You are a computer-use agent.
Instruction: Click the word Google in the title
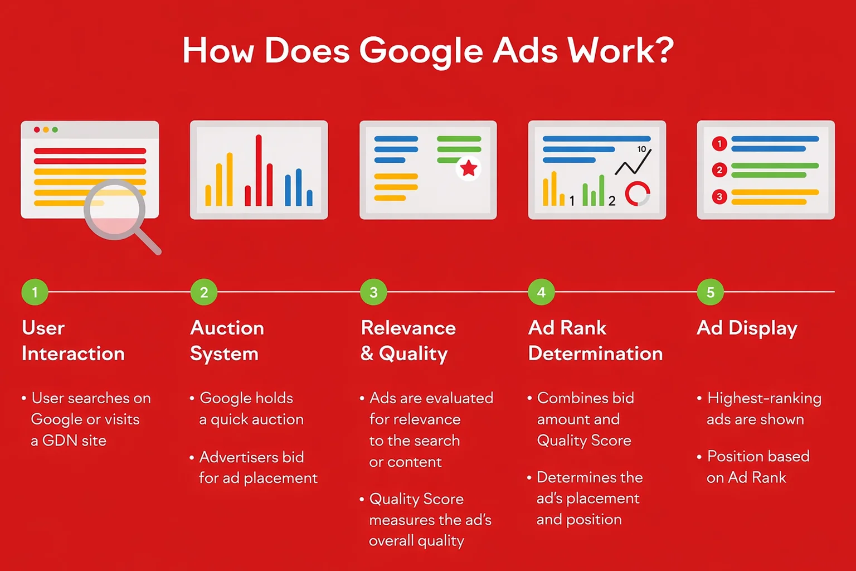[421, 51]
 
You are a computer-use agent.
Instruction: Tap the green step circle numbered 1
[35, 292]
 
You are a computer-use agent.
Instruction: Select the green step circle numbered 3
[373, 292]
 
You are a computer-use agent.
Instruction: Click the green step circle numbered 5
[710, 292]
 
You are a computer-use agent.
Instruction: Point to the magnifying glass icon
[116, 211]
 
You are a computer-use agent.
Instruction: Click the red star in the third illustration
[469, 167]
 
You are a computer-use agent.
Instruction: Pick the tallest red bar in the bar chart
[259, 170]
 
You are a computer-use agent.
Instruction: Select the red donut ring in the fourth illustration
[637, 193]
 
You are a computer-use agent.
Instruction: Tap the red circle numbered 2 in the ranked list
[719, 170]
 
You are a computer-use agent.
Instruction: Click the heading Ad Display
[747, 328]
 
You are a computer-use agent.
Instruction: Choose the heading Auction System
[227, 340]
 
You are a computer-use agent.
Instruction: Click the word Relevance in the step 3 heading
[408, 328]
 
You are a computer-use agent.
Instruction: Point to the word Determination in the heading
[595, 354]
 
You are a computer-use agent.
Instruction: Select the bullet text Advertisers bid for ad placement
[258, 467]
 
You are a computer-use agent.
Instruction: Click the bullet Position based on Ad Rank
[757, 467]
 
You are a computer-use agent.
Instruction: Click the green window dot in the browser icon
[55, 129]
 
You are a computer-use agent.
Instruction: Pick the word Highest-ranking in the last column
[764, 398]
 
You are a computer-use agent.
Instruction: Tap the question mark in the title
[663, 50]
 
